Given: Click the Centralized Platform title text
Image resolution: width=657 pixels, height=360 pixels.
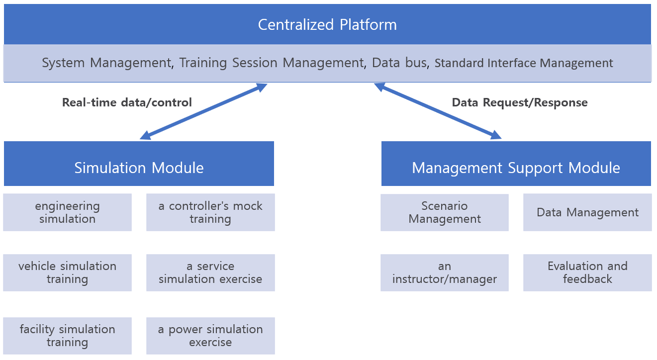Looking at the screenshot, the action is click(327, 25).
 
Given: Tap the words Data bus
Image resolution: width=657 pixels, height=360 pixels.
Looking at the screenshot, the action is click(399, 63).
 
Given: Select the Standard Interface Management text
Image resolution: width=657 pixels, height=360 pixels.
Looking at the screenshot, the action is click(524, 63).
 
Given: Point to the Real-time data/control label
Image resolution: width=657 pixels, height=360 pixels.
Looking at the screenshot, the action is click(127, 102).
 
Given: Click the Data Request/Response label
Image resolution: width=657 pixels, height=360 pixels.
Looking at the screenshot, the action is click(520, 102).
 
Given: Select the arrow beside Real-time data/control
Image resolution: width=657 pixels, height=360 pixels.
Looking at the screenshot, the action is click(203, 111).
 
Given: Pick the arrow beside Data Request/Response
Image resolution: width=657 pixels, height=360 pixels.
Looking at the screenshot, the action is click(438, 111).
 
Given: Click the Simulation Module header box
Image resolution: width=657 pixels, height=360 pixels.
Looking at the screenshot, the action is click(139, 164).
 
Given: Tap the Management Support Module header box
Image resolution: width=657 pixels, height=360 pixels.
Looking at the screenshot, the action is click(516, 164).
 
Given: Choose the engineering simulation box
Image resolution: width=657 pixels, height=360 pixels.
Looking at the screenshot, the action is click(68, 212).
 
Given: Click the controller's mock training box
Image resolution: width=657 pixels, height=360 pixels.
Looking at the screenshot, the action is click(210, 212).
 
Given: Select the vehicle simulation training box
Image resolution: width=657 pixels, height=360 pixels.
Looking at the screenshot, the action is click(68, 272).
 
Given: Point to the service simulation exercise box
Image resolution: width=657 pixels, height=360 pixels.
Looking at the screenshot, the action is click(210, 272).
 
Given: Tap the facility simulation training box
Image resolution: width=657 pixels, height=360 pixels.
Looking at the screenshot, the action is click(68, 336).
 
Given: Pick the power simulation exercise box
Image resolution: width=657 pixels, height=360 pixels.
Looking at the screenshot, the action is click(210, 336).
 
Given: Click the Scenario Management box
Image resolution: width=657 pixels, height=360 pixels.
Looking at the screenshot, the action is click(445, 212).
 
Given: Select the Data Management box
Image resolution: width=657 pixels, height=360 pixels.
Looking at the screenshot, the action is click(587, 212).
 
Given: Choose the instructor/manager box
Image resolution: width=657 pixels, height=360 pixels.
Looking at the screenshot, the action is click(445, 272).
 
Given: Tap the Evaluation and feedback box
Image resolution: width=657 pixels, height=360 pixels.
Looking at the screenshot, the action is click(587, 272).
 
